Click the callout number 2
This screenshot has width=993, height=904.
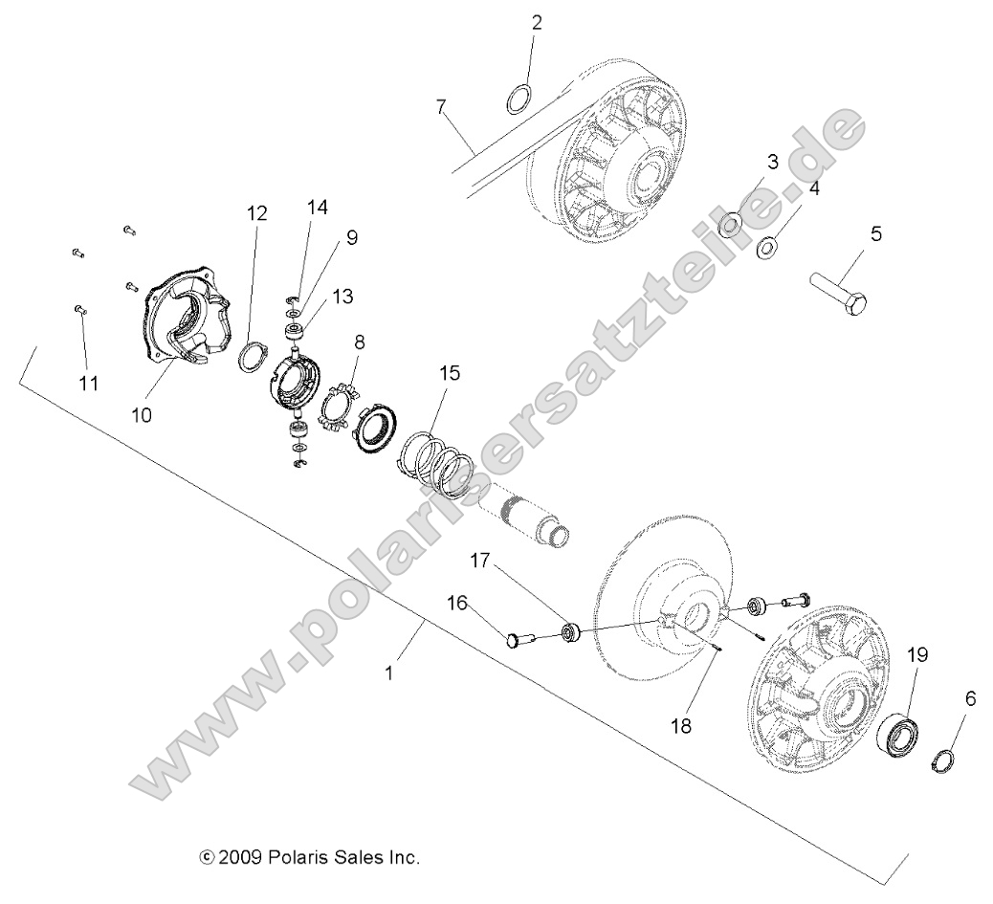[537, 23]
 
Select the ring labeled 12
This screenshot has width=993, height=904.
[252, 358]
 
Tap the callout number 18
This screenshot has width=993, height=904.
[708, 727]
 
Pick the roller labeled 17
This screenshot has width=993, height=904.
[571, 632]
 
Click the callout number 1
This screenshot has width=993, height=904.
[388, 672]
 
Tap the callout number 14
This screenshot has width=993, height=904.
[317, 207]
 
